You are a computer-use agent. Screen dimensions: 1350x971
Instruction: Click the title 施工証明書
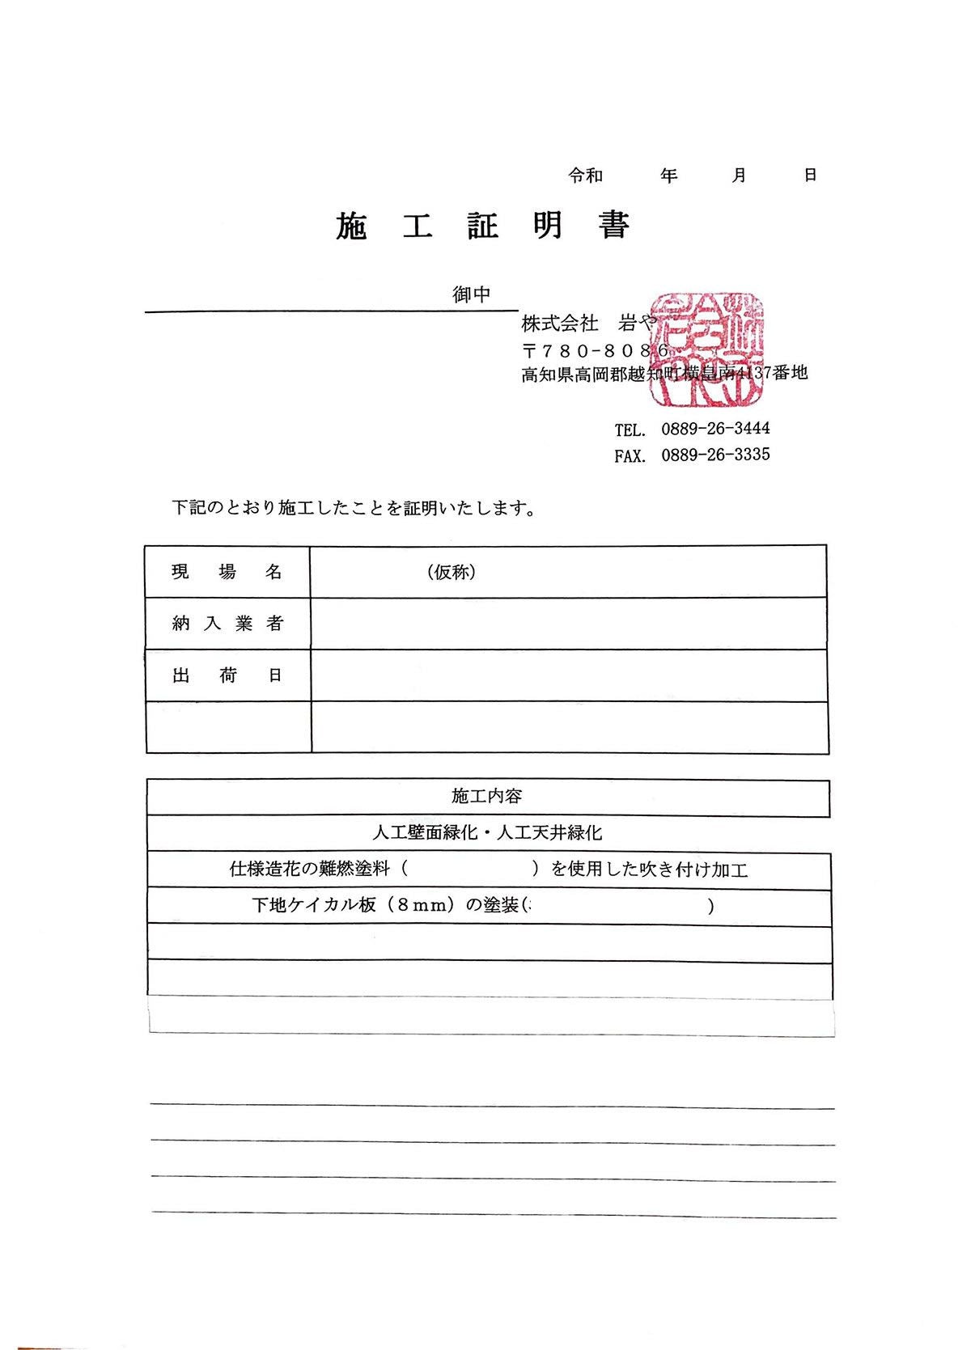coord(483,226)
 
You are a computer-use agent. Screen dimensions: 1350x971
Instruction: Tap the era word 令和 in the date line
coord(586,176)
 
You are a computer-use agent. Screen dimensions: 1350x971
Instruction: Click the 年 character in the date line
coord(668,176)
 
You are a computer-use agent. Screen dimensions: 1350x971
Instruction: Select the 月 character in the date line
coord(739,176)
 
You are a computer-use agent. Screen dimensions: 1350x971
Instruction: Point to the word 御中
coord(472,294)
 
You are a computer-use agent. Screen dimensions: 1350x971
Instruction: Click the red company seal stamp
coord(707,349)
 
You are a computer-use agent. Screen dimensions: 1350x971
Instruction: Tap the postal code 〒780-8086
coord(596,350)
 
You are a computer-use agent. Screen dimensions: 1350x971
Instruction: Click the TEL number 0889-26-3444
coord(715,428)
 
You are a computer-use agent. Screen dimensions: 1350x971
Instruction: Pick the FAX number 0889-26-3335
coord(715,454)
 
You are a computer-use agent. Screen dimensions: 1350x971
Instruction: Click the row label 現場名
coord(227,572)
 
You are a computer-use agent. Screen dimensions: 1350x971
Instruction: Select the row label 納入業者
coord(227,623)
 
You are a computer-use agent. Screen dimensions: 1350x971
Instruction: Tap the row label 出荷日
coord(227,675)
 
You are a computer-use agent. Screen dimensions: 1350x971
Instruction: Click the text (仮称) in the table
coord(451,572)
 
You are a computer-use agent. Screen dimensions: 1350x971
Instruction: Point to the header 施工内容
coord(486,796)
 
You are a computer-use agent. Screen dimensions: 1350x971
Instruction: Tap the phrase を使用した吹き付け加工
coord(649,870)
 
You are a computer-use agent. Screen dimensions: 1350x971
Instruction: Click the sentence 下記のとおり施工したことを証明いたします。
coord(354,508)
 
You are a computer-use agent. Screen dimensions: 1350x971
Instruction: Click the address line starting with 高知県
coord(664,374)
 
